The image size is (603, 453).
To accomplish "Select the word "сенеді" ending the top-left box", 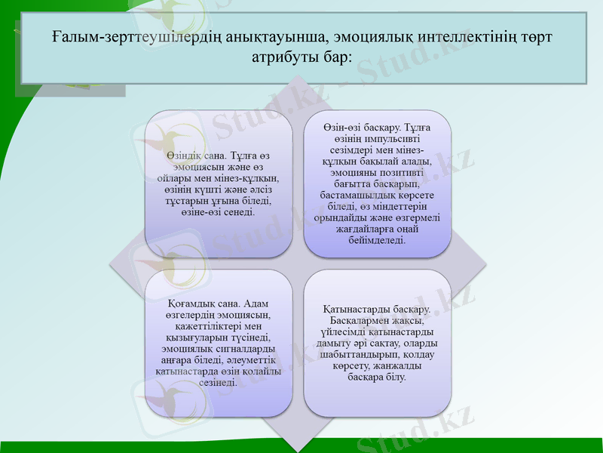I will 240,213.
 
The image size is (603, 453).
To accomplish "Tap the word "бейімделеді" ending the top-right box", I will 378,241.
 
